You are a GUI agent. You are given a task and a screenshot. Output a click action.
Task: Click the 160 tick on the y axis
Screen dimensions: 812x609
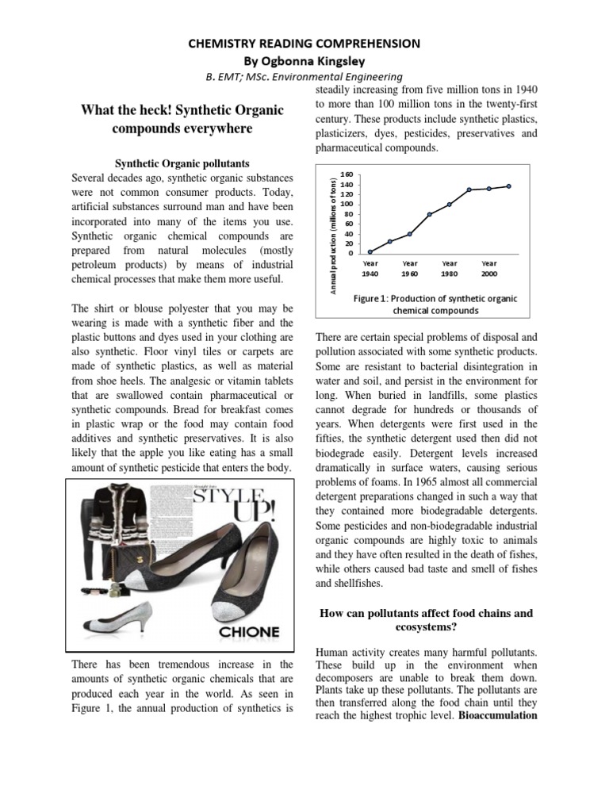[346, 174]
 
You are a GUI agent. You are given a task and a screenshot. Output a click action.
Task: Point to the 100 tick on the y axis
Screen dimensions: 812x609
[346, 204]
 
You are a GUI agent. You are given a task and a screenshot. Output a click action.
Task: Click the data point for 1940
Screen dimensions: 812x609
[370, 251]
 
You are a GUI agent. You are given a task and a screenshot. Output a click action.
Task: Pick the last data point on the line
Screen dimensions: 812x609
[508, 186]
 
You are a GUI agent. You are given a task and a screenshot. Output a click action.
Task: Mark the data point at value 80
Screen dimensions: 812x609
[430, 214]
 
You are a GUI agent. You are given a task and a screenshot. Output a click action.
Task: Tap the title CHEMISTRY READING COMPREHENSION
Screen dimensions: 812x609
[304, 43]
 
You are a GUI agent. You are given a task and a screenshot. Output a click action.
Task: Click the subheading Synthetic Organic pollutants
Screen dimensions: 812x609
[182, 164]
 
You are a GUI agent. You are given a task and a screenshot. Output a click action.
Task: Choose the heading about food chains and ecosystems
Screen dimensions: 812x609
[426, 619]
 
